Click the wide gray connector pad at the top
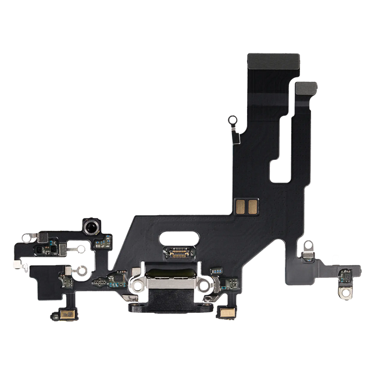click(x=274, y=62)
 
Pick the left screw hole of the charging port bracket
click(x=140, y=286)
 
